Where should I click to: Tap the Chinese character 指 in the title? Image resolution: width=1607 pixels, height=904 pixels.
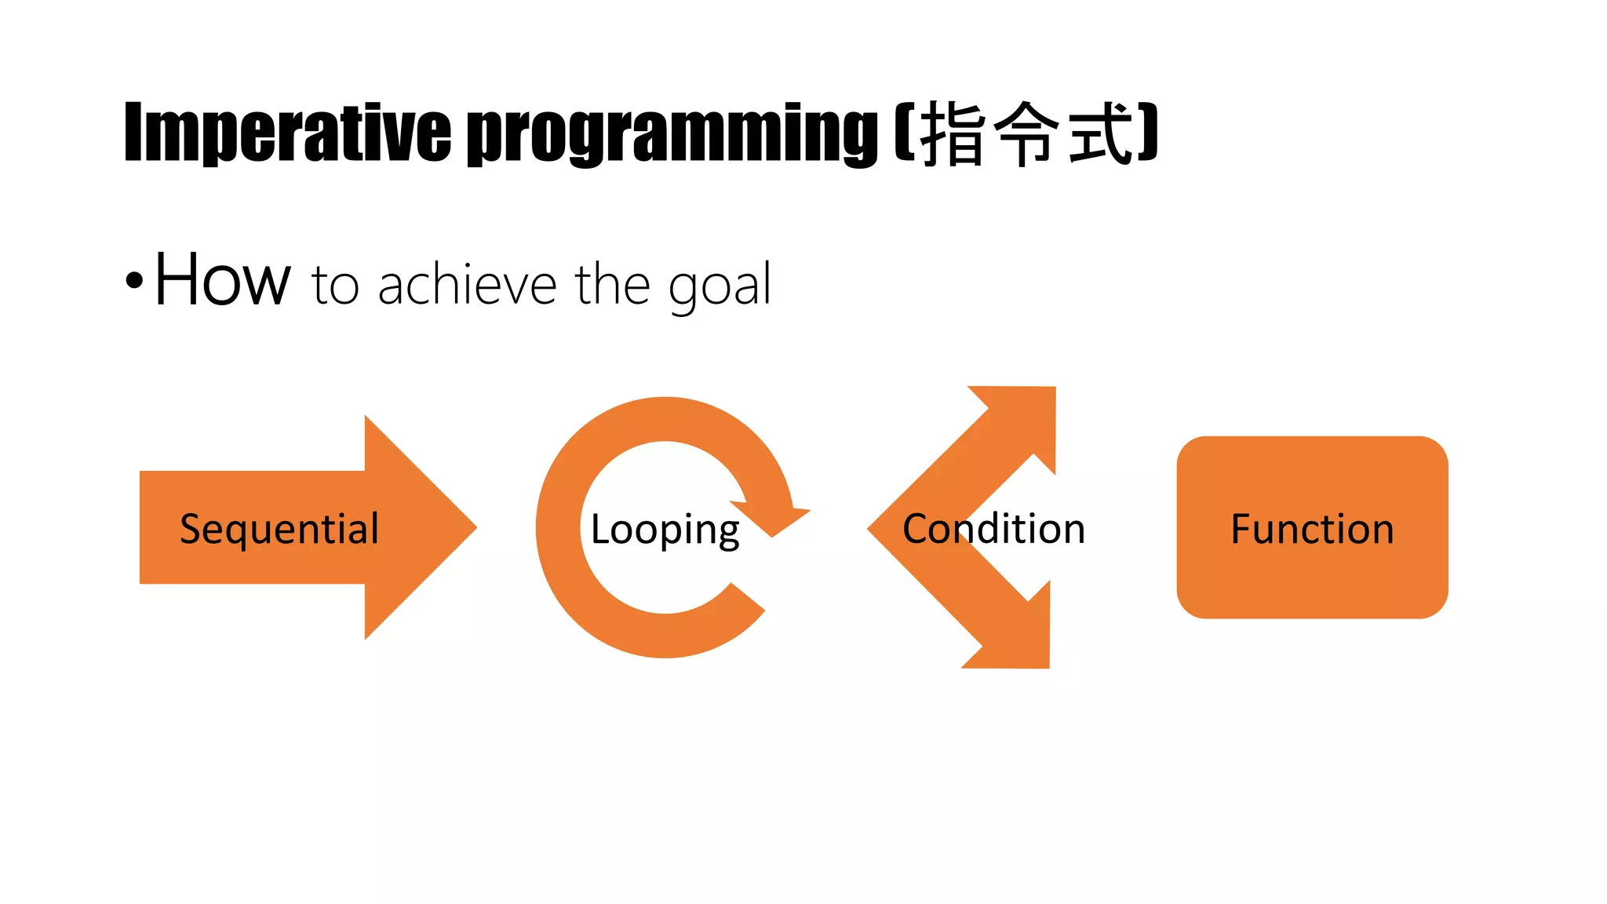point(953,133)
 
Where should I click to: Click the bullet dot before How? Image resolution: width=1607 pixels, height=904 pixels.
point(135,281)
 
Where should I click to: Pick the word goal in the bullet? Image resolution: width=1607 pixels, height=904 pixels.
point(720,286)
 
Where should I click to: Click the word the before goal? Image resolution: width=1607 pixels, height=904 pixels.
point(613,284)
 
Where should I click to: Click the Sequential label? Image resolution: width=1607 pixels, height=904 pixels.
point(279,529)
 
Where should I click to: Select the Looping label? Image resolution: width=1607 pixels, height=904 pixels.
point(665,530)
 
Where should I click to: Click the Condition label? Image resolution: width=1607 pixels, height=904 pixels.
point(993,529)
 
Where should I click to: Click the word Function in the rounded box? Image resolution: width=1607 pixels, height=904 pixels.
point(1312,529)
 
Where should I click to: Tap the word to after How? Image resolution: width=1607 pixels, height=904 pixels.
point(335,286)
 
